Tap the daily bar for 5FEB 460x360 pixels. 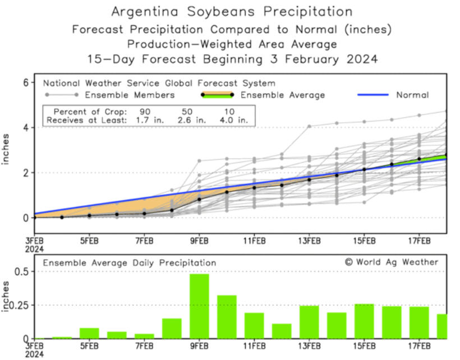coord(89,333)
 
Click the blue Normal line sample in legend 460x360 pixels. coord(372,95)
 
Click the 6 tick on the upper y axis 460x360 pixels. coord(25,82)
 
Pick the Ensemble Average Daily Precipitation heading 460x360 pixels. coord(130,262)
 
